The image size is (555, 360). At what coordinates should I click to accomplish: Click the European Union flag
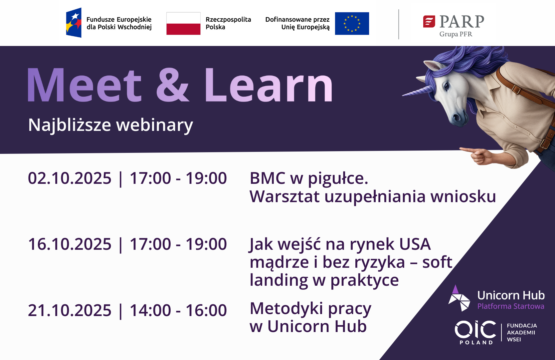coord(352,24)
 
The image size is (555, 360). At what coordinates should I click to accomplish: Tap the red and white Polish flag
coord(183,24)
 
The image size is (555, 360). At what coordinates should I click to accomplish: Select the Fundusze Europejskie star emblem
coord(74,23)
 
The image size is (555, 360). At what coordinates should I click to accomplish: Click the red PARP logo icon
coord(429,21)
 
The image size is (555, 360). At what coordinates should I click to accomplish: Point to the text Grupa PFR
coord(456,34)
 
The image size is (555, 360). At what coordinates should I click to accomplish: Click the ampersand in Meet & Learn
coord(172,85)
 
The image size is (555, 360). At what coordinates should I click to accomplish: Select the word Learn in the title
coord(268,85)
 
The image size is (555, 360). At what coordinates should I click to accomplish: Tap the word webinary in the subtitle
coord(155,125)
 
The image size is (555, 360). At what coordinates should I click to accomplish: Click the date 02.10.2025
coord(70,178)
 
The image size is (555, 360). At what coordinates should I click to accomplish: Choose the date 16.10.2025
coord(70,244)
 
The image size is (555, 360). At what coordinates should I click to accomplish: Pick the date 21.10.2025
coord(70,310)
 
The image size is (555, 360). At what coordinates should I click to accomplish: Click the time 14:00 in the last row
coord(150,310)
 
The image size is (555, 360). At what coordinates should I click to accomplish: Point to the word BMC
coord(268,178)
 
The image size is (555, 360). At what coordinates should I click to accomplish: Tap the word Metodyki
coord(286,309)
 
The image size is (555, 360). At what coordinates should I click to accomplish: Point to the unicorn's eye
coord(447,87)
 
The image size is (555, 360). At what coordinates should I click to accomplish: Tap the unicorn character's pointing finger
coord(466,149)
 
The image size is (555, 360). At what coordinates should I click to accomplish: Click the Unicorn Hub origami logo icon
coord(459,298)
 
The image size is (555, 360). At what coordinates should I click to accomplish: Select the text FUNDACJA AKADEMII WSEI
coord(521,332)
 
